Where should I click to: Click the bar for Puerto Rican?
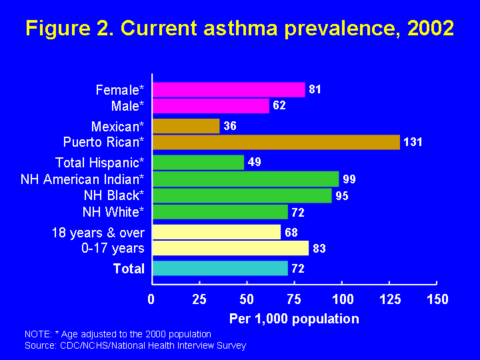276,142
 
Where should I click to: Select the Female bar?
229,89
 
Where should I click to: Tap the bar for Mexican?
186,126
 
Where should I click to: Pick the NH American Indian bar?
245,179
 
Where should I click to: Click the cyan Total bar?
220,268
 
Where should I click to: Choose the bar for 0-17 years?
231,248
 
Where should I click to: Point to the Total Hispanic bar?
198,162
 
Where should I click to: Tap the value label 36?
229,126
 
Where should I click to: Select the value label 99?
349,179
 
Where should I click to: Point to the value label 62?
279,105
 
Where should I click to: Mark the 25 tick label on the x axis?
199,299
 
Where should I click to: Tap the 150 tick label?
437,299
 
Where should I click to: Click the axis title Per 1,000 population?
294,319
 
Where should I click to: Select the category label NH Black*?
113,195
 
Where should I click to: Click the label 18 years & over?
98,233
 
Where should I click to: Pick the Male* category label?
127,105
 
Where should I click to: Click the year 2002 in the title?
429,29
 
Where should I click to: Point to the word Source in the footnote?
39,345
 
